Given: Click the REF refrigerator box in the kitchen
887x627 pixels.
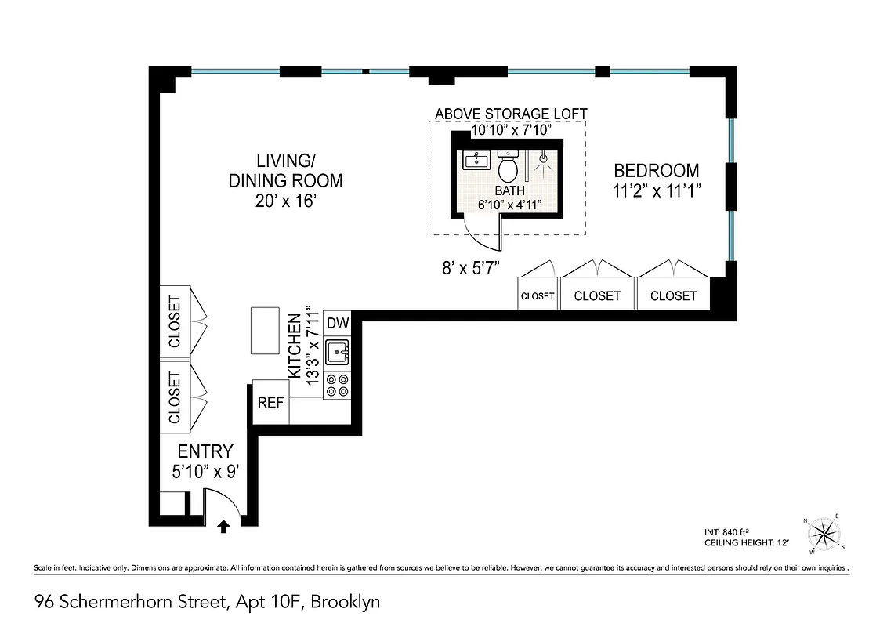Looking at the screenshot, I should coord(270,404).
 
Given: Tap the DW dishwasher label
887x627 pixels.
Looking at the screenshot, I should coord(337,323).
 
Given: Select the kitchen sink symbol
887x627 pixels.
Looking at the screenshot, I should coord(338,353).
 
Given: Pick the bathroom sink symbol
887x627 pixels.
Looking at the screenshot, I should coord(475,161).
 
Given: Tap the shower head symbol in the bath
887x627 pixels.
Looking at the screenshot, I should coord(542,161).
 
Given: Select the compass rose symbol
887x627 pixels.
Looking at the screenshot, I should coord(822,534).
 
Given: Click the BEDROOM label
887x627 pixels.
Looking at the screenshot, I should coord(656,171).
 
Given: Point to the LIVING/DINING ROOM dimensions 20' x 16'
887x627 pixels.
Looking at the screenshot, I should coord(285,201).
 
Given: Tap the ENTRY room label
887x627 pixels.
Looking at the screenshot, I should coord(205,451).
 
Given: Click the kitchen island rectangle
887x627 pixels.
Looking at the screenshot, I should coord(265,331).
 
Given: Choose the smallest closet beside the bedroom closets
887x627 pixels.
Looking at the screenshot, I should coord(538,295).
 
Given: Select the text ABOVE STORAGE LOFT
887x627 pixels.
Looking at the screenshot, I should coord(511,114).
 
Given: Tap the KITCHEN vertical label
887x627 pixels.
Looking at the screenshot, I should coord(295,346).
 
